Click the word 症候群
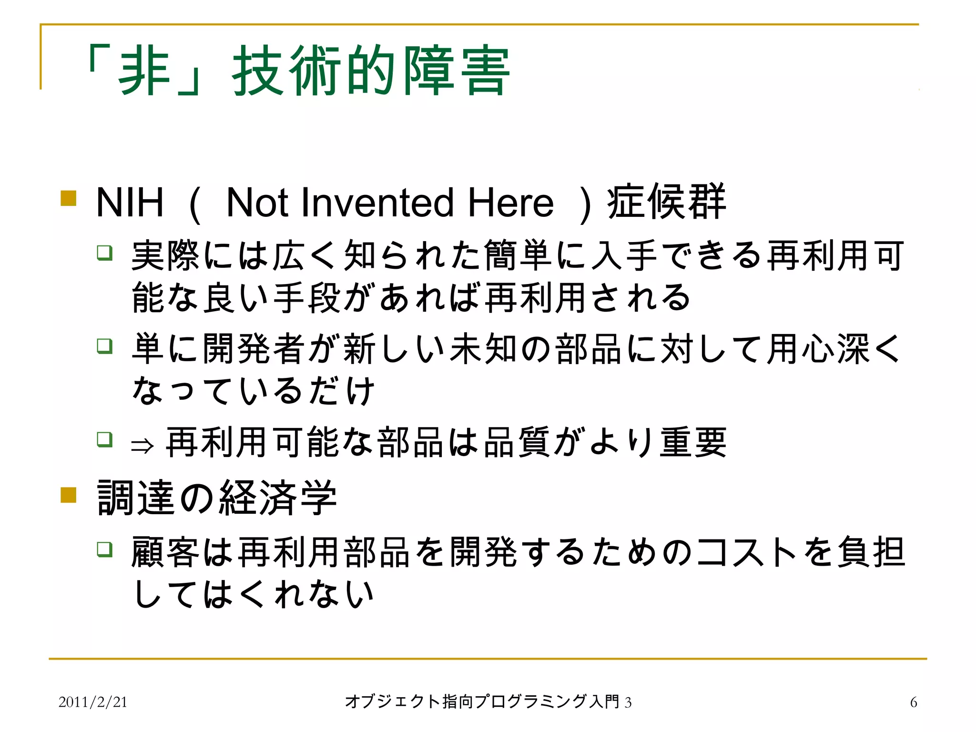point(666,202)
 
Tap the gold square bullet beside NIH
point(69,198)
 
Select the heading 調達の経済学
point(217,498)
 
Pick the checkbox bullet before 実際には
point(105,252)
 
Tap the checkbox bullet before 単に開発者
point(105,346)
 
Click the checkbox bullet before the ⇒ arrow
point(105,439)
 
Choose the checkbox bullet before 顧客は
point(105,549)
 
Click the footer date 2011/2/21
point(93,702)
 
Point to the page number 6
point(913,702)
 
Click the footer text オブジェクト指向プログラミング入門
point(482,701)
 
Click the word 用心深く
point(834,349)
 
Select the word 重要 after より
point(693,443)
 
